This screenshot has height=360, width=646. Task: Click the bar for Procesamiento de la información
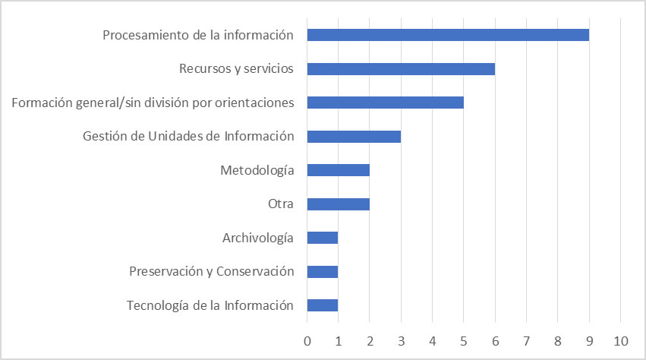[x=448, y=35]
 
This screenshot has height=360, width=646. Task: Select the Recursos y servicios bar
[x=401, y=69]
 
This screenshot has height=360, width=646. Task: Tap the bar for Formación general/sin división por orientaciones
[x=385, y=103]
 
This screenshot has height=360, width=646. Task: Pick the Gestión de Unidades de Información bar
[x=354, y=137]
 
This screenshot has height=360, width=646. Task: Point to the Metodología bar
[x=338, y=170]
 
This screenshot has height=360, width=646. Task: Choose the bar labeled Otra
[x=338, y=204]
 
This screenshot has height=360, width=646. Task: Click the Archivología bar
[x=323, y=238]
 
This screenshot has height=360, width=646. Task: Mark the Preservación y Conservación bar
[x=323, y=272]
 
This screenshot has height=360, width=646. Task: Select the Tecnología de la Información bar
[x=323, y=305]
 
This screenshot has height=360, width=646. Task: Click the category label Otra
[x=280, y=204]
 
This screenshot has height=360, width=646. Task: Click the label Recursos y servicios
[x=236, y=69]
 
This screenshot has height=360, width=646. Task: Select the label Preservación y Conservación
[x=211, y=272]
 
